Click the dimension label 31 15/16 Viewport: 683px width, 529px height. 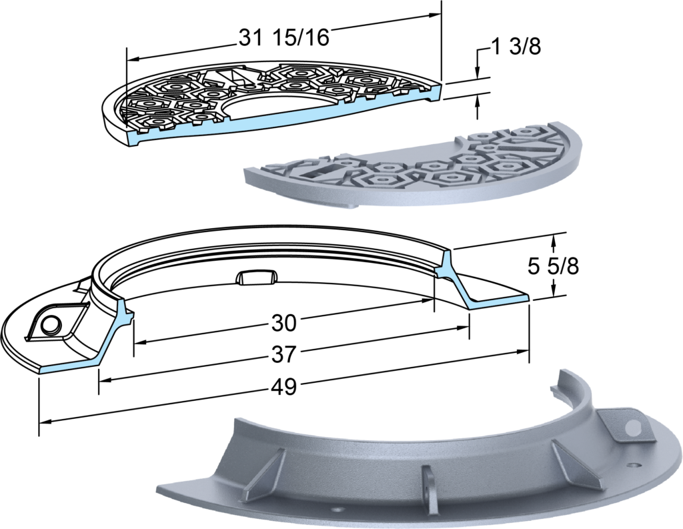click(x=283, y=37)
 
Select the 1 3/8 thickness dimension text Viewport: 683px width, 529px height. click(x=516, y=47)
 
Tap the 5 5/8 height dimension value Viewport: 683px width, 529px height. click(x=553, y=266)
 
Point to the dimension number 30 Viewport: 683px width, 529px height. click(x=284, y=324)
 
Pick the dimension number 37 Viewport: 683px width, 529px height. click(x=284, y=354)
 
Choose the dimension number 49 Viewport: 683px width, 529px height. click(x=284, y=386)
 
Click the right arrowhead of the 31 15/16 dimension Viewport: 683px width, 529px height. click(x=435, y=15)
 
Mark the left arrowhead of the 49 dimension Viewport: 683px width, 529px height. click(x=45, y=422)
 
